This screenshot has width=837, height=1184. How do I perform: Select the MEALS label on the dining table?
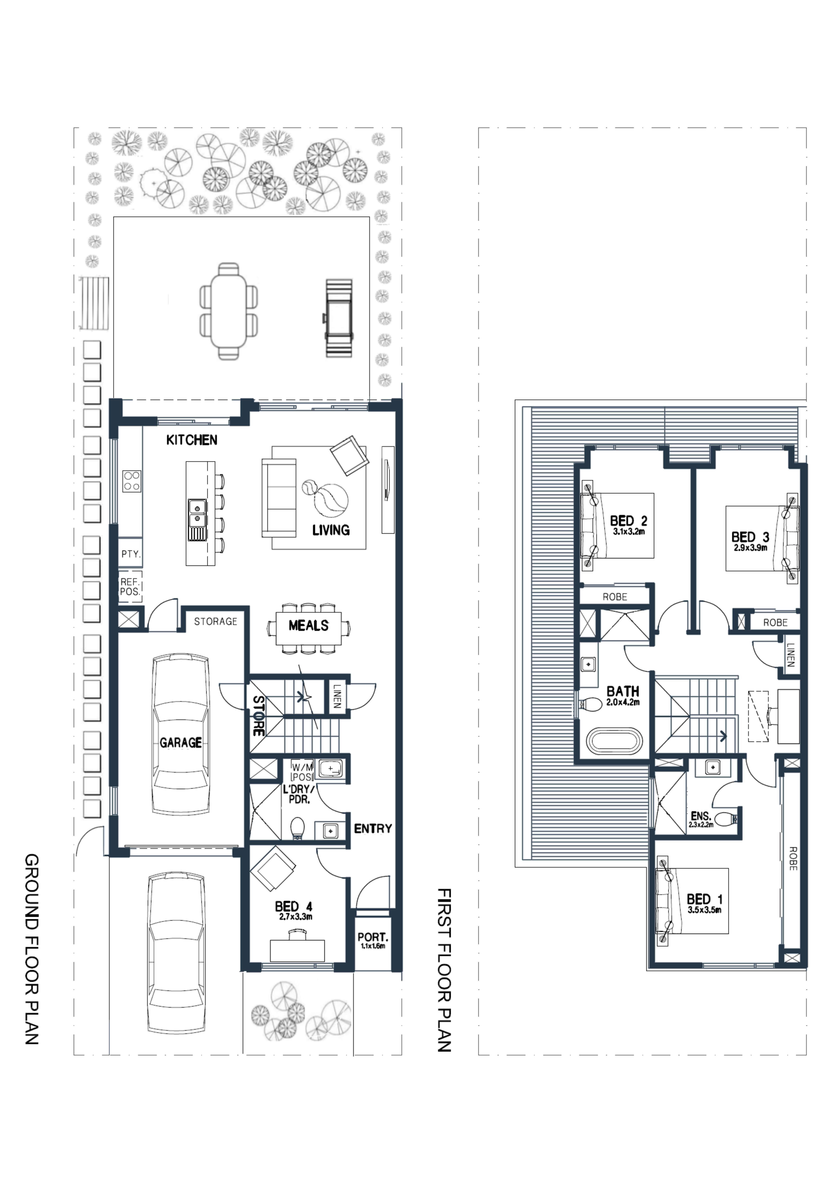click(308, 626)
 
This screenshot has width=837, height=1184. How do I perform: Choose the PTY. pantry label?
click(130, 554)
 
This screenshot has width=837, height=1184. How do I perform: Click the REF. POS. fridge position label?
click(130, 587)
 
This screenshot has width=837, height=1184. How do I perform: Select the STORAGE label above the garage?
click(216, 621)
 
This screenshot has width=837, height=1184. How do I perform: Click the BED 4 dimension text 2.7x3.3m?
click(296, 917)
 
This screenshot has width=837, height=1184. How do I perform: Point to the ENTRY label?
click(373, 829)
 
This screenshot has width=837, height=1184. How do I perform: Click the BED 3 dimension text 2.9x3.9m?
click(750, 548)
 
